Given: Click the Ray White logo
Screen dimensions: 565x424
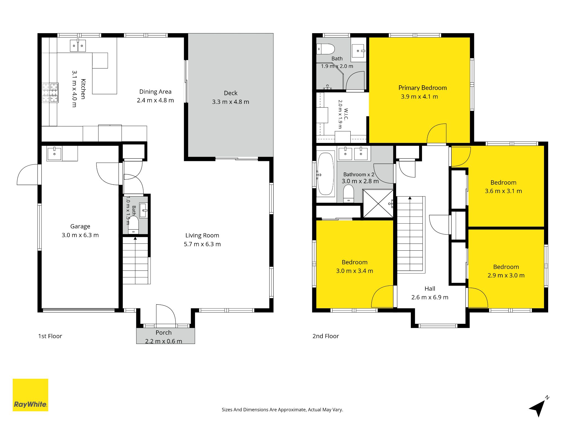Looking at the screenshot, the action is [x=30, y=395].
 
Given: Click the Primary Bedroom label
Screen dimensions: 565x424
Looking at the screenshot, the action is [x=422, y=88].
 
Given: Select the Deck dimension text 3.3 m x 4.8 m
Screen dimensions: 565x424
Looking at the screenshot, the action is [x=231, y=102].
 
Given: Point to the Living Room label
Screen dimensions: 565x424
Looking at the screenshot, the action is [x=202, y=235].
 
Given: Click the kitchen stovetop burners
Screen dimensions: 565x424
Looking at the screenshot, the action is [x=50, y=93].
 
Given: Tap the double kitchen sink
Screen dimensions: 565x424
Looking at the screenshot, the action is [x=78, y=46].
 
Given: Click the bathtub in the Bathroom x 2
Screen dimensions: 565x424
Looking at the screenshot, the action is [x=326, y=174].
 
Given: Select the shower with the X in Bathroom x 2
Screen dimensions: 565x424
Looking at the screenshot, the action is [x=378, y=204].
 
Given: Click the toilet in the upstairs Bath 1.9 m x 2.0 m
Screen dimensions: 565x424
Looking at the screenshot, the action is [x=326, y=49].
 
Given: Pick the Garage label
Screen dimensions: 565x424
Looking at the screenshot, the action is [x=80, y=226].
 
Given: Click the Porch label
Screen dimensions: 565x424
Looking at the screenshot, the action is [x=164, y=333].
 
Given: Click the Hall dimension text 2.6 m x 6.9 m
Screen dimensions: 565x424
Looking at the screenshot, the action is [x=430, y=297].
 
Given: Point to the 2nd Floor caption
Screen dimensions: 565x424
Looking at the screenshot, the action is [x=326, y=336].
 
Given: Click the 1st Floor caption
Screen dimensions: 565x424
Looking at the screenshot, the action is [x=50, y=336].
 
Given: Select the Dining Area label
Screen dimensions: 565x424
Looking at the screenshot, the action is [x=155, y=92].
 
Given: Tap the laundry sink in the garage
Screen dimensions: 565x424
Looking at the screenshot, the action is [x=54, y=154].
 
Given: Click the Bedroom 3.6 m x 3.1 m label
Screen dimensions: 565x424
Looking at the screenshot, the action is [x=503, y=182].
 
